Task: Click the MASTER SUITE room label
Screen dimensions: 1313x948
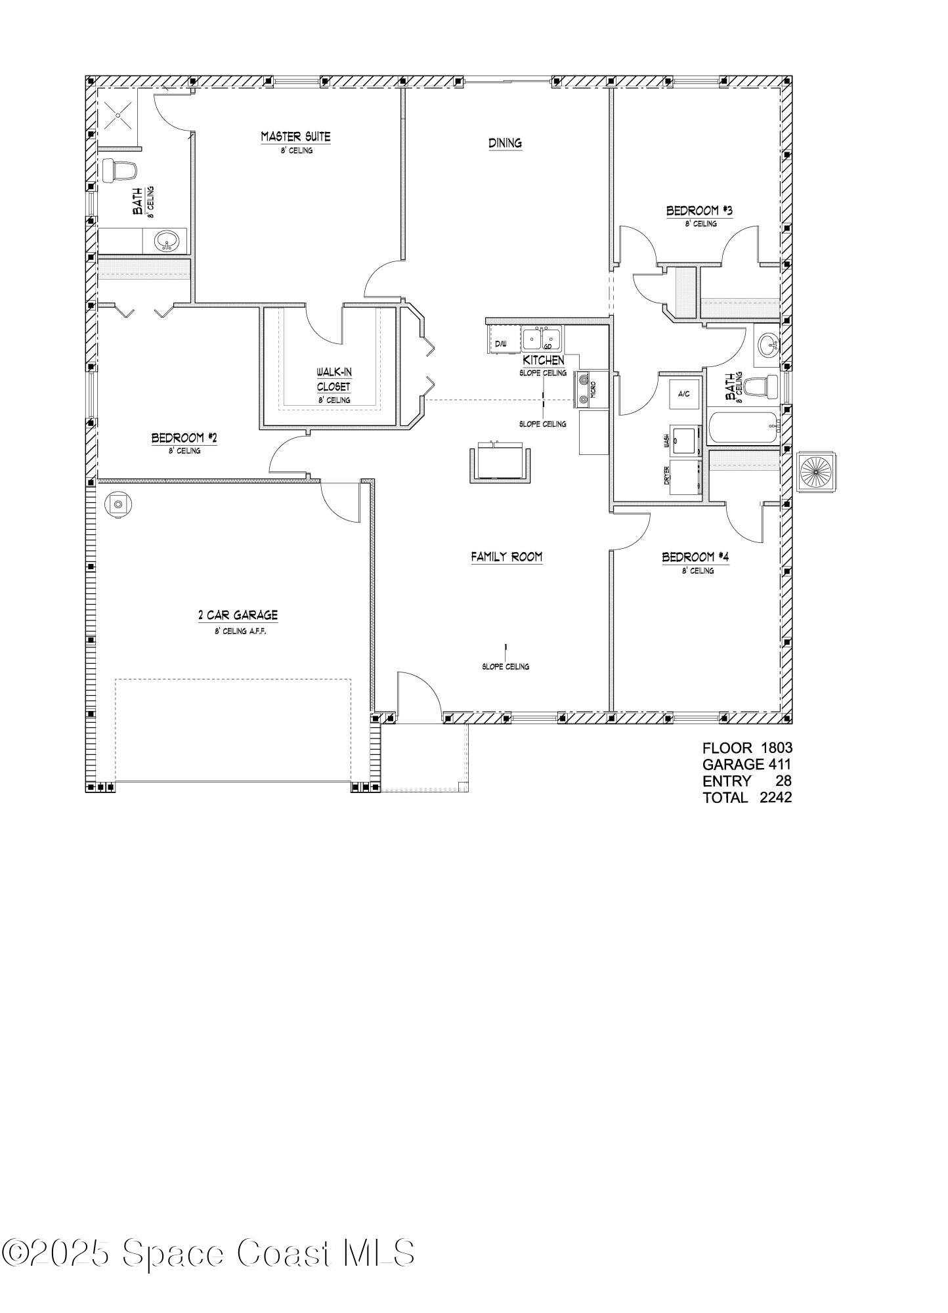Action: click(295, 137)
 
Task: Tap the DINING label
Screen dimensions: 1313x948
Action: click(505, 142)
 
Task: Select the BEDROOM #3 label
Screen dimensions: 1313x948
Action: click(699, 211)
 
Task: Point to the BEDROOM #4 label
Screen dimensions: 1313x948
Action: click(696, 557)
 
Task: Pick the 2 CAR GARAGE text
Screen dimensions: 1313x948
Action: click(238, 615)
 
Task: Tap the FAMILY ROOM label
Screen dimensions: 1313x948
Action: click(506, 557)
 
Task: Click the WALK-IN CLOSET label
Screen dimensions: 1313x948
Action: click(334, 379)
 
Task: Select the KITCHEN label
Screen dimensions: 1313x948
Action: click(543, 360)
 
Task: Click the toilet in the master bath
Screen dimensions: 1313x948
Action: click(119, 170)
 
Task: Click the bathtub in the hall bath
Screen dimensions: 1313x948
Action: click(743, 427)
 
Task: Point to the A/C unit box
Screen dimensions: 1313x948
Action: click(683, 394)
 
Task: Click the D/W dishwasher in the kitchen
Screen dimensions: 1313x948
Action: click(501, 341)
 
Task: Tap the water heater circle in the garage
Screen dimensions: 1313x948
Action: click(118, 505)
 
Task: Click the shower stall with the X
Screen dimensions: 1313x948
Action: click(118, 116)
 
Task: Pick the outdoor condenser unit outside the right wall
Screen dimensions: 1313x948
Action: click(817, 471)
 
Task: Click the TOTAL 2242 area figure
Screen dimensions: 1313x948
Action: click(747, 798)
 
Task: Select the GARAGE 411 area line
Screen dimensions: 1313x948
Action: click(747, 764)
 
